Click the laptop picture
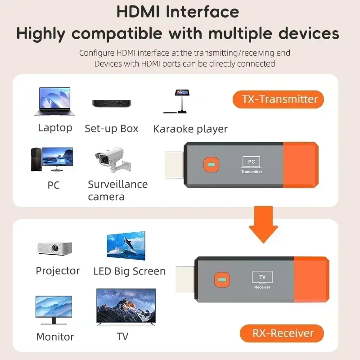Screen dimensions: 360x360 54,103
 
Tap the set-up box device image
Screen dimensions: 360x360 111,103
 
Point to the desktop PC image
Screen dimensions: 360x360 51,159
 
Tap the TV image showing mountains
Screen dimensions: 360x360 126,307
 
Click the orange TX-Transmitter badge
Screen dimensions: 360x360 278,99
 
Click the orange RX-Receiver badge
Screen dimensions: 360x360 282,333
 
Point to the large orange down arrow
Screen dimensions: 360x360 263,224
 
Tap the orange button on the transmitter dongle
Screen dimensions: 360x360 210,165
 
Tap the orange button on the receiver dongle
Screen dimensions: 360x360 221,280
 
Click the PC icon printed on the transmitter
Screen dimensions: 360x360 251,162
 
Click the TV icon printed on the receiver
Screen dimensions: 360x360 262,277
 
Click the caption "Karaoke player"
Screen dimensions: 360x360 190,129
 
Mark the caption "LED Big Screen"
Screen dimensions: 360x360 129,271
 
